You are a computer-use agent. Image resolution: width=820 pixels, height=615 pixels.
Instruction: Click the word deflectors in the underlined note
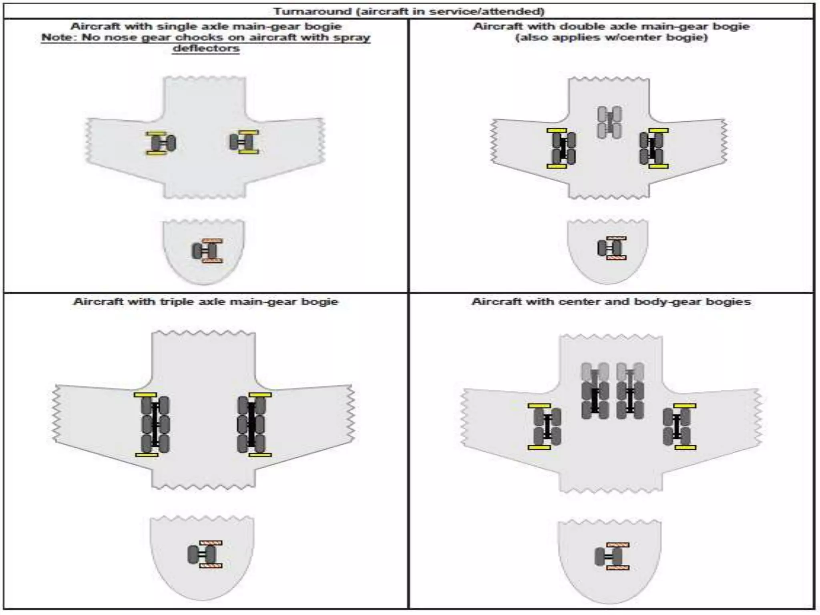click(x=206, y=48)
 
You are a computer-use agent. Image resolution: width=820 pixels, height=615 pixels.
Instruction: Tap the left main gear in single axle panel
click(x=162, y=143)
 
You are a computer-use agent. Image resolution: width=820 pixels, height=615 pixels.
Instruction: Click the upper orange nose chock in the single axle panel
click(x=212, y=241)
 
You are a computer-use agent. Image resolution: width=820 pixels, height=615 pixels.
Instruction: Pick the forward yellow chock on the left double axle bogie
click(x=557, y=131)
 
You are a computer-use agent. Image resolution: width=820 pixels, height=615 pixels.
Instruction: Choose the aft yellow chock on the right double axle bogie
click(x=658, y=166)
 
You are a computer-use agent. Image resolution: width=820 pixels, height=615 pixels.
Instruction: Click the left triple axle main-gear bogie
click(x=155, y=424)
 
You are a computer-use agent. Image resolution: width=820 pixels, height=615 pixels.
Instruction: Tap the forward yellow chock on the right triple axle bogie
click(x=260, y=395)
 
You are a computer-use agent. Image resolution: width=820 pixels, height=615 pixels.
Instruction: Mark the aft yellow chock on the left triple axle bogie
click(x=147, y=454)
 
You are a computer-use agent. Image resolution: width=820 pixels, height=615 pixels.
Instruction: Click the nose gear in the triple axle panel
click(x=202, y=555)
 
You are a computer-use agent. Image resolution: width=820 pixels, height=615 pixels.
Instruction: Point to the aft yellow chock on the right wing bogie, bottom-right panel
click(x=685, y=447)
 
